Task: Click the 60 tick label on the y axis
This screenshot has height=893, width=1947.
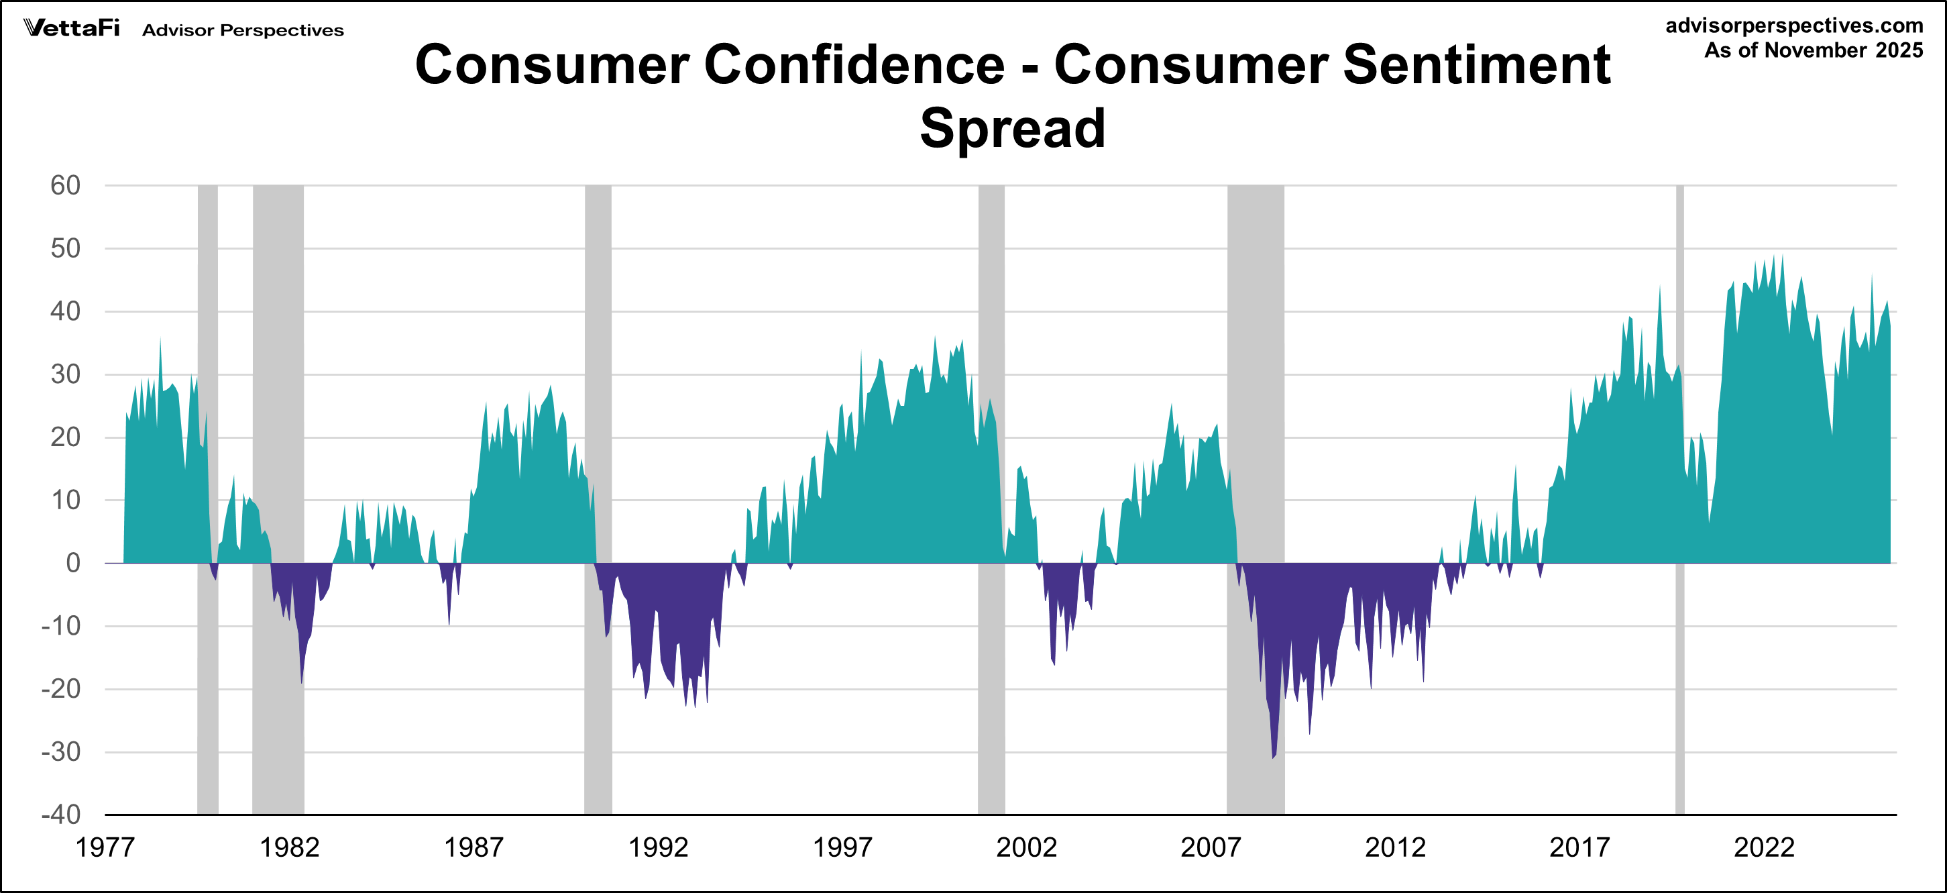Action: (x=65, y=185)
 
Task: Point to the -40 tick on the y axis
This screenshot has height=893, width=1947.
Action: (x=60, y=815)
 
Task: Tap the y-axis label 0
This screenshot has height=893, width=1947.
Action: (x=72, y=562)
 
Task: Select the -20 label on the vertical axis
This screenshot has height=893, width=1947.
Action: (x=60, y=689)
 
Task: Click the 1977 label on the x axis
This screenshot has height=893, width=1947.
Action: (x=105, y=847)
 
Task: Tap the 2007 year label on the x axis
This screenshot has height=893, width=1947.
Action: (x=1210, y=847)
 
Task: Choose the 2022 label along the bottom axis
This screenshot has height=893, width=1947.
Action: (x=1763, y=847)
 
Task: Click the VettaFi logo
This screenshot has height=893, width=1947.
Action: (x=72, y=28)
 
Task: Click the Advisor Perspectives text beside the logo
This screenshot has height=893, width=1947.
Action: (x=243, y=30)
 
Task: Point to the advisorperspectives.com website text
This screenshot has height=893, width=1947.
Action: (x=1793, y=25)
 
